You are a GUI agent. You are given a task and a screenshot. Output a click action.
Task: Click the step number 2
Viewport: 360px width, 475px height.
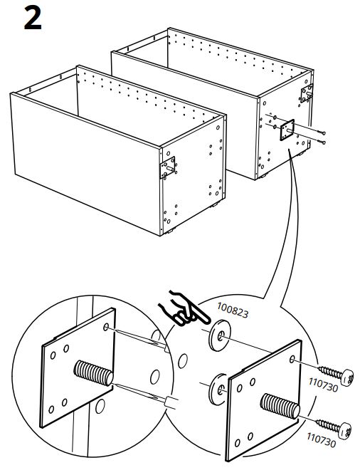coord(32,19)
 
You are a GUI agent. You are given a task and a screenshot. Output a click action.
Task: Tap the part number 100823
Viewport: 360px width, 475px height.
coord(233,310)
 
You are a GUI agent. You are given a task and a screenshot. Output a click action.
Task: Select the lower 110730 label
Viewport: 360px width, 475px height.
coord(322,440)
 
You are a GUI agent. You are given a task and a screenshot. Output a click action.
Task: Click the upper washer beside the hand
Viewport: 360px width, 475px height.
coord(220,335)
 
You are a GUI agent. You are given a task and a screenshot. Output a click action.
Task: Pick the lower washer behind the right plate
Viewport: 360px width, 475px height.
coord(217,389)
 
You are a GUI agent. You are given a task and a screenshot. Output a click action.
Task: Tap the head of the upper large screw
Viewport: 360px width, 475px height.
coord(348,377)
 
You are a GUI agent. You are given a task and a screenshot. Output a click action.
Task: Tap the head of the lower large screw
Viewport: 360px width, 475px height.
coord(345,431)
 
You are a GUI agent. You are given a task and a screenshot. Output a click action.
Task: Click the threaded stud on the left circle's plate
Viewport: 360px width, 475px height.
coord(93,372)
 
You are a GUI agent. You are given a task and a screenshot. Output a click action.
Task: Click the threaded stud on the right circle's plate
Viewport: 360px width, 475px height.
coord(280,406)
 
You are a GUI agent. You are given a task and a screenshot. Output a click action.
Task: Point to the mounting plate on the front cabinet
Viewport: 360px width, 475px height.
coord(168,167)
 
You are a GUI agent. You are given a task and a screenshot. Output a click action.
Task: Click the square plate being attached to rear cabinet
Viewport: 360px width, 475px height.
coord(287,130)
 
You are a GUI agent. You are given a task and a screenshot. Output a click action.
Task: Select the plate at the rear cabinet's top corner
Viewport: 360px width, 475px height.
coord(307,93)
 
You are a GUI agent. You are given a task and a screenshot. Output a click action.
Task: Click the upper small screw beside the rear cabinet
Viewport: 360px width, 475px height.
coord(322,132)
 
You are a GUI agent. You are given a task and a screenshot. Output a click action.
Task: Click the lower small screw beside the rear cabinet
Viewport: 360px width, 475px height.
coord(322,142)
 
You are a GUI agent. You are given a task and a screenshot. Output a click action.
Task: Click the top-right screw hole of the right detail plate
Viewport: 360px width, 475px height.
coord(292,360)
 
